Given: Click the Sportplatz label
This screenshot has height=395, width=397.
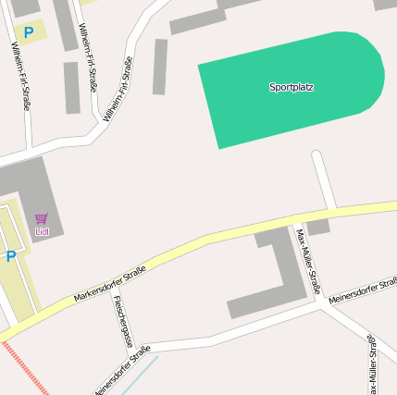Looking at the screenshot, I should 292,87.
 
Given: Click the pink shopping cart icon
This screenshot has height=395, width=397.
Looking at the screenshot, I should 41,218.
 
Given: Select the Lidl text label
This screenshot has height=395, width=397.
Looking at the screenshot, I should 41,230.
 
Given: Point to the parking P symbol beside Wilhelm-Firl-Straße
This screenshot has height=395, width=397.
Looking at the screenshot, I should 29,32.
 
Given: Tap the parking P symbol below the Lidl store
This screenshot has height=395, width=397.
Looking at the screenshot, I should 11,257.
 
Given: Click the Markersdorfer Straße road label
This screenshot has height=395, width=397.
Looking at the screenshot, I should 110,283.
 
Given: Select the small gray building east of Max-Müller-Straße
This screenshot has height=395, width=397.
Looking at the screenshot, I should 317,227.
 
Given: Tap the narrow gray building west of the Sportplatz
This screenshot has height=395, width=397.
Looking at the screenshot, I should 160,67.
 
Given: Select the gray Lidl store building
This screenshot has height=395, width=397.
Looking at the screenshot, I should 28,185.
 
